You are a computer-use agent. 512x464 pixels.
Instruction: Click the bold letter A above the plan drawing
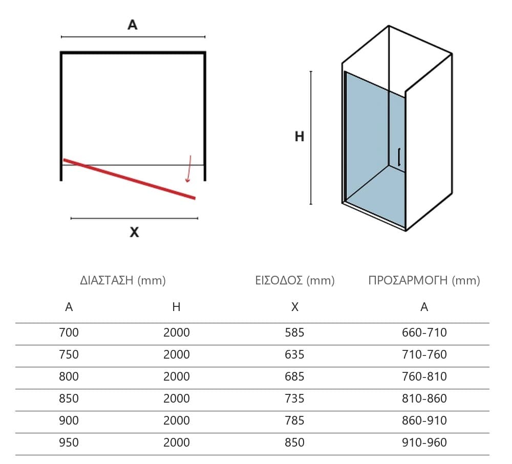pyautogui.click(x=132, y=25)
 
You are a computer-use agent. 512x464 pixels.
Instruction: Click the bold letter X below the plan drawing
pyautogui.click(x=134, y=232)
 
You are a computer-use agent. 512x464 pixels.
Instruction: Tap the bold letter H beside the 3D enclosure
pyautogui.click(x=300, y=137)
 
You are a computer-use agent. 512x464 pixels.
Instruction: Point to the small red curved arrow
pyautogui.click(x=188, y=169)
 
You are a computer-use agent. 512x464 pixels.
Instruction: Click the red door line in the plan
pyautogui.click(x=130, y=179)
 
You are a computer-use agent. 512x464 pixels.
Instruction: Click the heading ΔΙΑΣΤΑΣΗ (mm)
pyautogui.click(x=123, y=280)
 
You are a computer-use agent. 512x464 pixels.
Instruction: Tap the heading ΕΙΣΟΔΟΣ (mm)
pyautogui.click(x=295, y=280)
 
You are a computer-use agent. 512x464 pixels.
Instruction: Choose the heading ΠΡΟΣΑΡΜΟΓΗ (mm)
pyautogui.click(x=424, y=280)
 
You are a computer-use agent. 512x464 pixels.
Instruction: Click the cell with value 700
pyautogui.click(x=69, y=333)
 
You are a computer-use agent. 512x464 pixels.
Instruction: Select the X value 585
pyautogui.click(x=294, y=333)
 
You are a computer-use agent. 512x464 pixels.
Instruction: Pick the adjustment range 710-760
pyautogui.click(x=424, y=355)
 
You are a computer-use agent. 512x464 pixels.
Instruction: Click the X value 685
pyautogui.click(x=294, y=377)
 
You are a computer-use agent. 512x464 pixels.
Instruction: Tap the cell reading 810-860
pyautogui.click(x=424, y=399)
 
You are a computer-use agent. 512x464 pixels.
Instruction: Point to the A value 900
pyautogui.click(x=69, y=421)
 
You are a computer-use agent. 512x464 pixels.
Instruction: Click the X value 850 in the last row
pyautogui.click(x=294, y=443)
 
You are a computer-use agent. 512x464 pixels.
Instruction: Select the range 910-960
pyautogui.click(x=424, y=443)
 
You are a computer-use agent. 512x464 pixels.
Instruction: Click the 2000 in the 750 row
pyautogui.click(x=176, y=355)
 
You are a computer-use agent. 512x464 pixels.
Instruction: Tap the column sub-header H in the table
pyautogui.click(x=176, y=307)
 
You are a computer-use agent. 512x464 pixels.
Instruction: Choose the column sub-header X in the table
pyautogui.click(x=294, y=307)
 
